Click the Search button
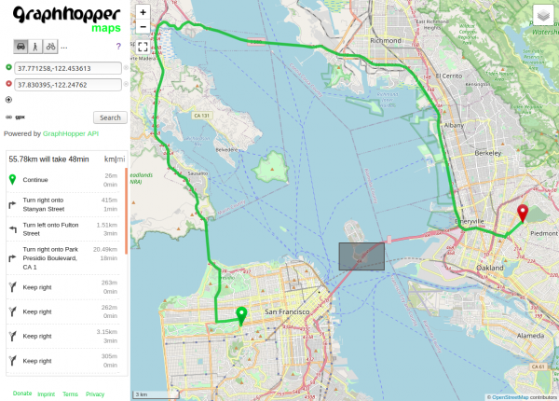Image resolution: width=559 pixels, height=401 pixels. click(110, 118)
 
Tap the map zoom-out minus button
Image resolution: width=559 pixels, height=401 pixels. click(142, 27)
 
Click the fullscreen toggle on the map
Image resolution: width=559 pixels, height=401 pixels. click(142, 46)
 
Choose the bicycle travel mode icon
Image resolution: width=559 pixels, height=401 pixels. click(50, 45)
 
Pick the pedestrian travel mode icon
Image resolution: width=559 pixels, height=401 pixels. click(35, 45)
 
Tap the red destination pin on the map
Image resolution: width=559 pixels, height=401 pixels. click(523, 214)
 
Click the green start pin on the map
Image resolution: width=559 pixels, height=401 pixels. click(241, 316)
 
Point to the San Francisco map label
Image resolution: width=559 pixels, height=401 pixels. click(291, 310)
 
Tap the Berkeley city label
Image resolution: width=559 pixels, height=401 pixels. click(488, 152)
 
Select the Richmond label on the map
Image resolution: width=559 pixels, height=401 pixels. click(385, 41)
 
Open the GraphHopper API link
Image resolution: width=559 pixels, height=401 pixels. click(70, 133)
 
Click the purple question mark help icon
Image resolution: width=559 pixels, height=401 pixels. click(118, 46)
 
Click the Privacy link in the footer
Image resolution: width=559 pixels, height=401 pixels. click(95, 394)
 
